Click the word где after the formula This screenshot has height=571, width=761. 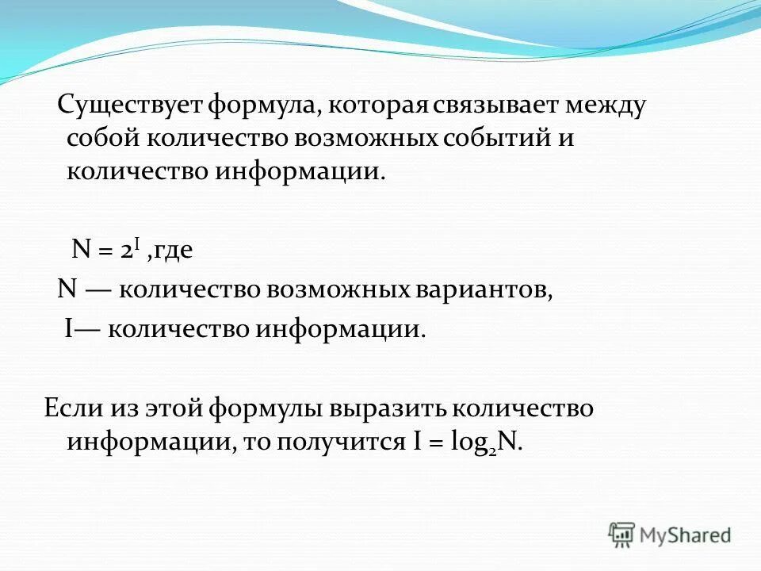coord(173,251)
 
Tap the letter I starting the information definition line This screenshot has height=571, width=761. coord(68,328)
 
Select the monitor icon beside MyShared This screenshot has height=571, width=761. coord(622,535)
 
